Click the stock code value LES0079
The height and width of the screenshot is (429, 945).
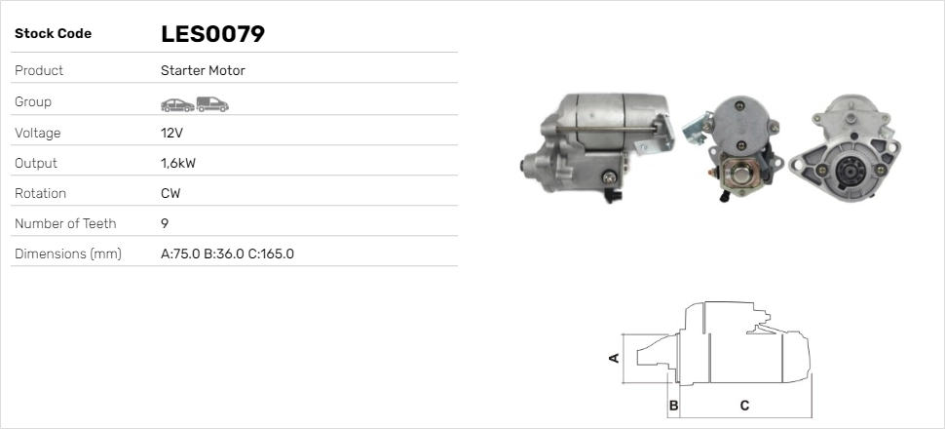pos(212,34)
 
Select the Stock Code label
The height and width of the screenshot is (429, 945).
pos(53,34)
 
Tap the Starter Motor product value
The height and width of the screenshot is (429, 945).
pos(203,70)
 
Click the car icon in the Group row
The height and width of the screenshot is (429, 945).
pos(177,105)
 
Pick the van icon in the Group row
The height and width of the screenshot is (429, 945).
pos(212,104)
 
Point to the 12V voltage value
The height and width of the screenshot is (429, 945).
pos(171,133)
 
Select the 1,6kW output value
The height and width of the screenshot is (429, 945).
pos(178,163)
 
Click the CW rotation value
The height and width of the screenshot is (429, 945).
pos(170,194)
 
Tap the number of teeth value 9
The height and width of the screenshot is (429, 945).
pos(165,224)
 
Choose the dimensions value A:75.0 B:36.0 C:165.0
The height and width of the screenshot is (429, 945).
pos(227,254)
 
